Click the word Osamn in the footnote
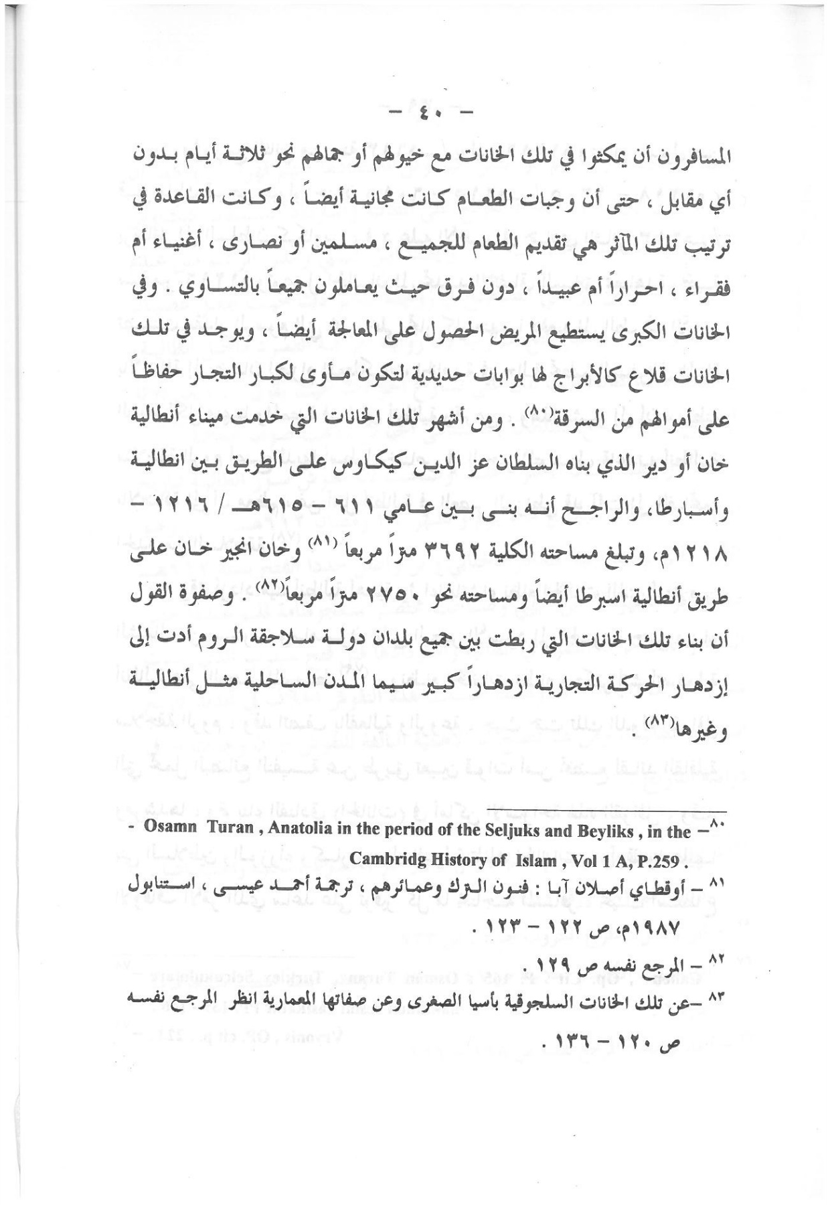click(171, 831)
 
